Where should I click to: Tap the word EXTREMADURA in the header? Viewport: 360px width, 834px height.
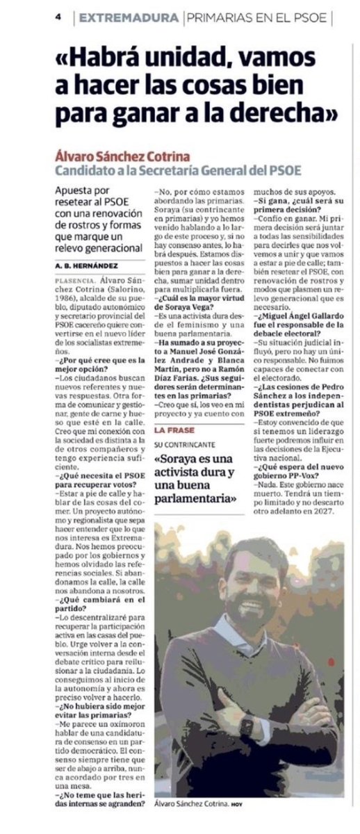[x=129, y=19]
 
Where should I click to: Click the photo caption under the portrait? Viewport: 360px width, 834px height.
[x=192, y=804]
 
